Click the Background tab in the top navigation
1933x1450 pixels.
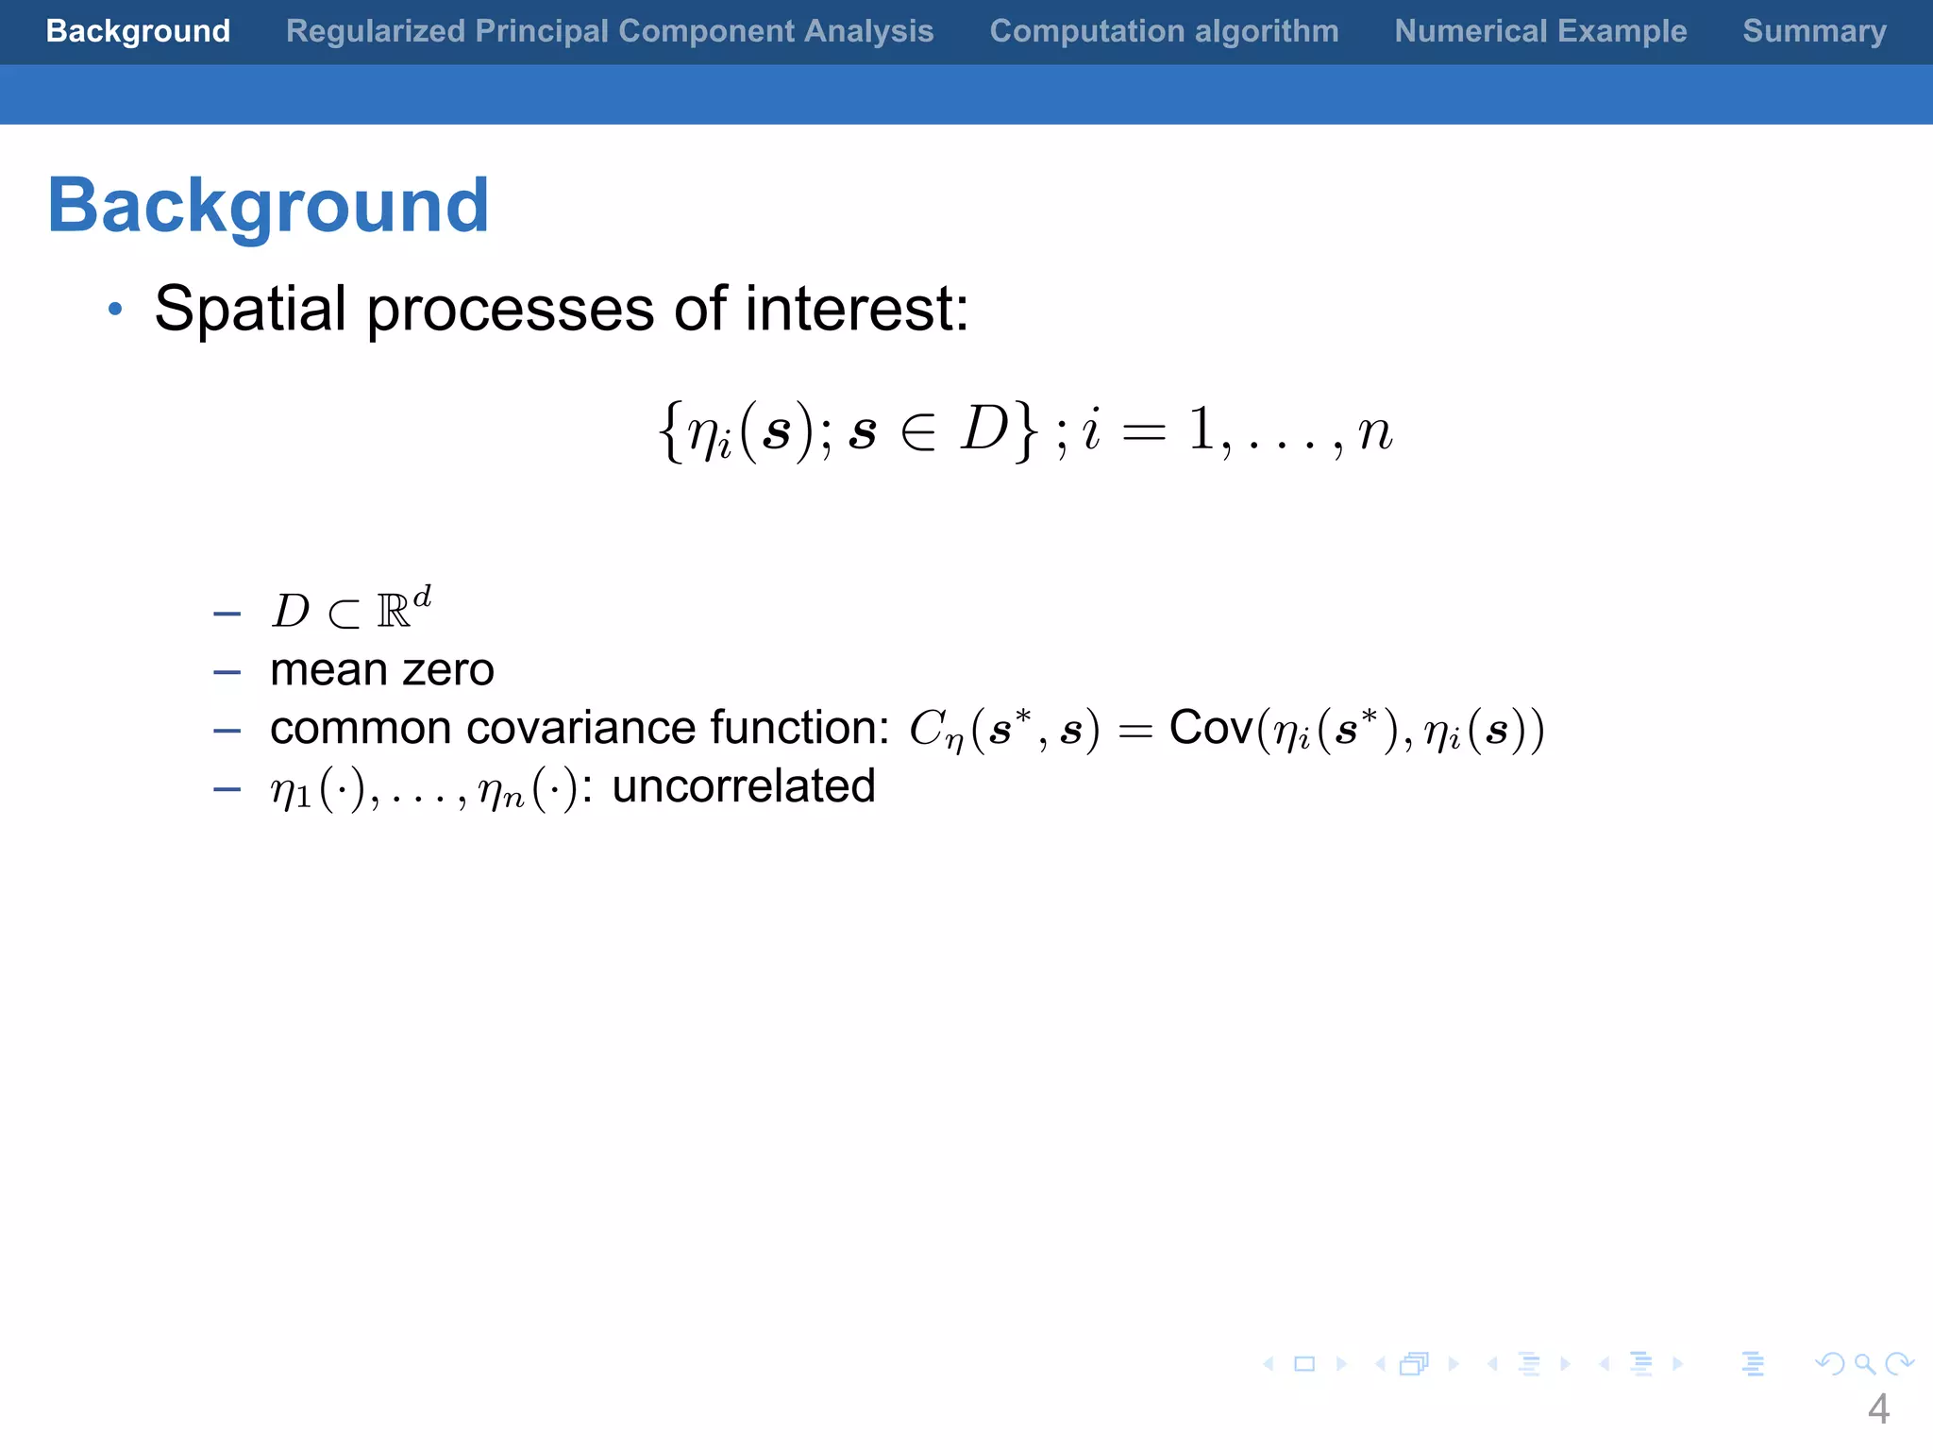tap(138, 31)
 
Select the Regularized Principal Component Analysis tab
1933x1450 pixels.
tap(610, 31)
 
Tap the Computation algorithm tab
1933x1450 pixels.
tap(1164, 31)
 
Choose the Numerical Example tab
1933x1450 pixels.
tap(1540, 31)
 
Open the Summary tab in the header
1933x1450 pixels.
tap(1814, 31)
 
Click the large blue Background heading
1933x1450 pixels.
tap(269, 206)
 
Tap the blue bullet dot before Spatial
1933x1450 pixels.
tap(115, 310)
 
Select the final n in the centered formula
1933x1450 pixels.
tap(1374, 432)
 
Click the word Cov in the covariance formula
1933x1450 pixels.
tap(1211, 728)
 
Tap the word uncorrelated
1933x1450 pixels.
tap(744, 786)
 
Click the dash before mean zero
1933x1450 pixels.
tap(227, 673)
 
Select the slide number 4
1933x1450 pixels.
tap(1877, 1409)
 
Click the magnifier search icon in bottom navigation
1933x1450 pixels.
tap(1864, 1364)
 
